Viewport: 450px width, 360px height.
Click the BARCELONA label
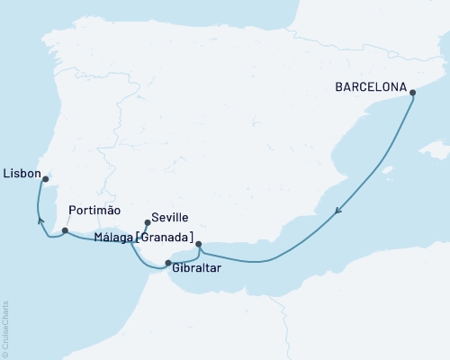(x=370, y=89)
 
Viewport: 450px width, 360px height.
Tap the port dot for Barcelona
(x=412, y=92)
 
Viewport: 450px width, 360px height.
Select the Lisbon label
(x=20, y=171)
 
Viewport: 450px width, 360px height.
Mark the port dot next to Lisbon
(x=46, y=179)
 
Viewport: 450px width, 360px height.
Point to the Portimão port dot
(x=65, y=231)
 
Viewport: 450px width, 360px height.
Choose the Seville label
(x=170, y=218)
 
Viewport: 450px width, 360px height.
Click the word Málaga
(x=112, y=238)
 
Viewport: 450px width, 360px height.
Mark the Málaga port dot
(x=198, y=244)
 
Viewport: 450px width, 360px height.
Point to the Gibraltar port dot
(x=167, y=263)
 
